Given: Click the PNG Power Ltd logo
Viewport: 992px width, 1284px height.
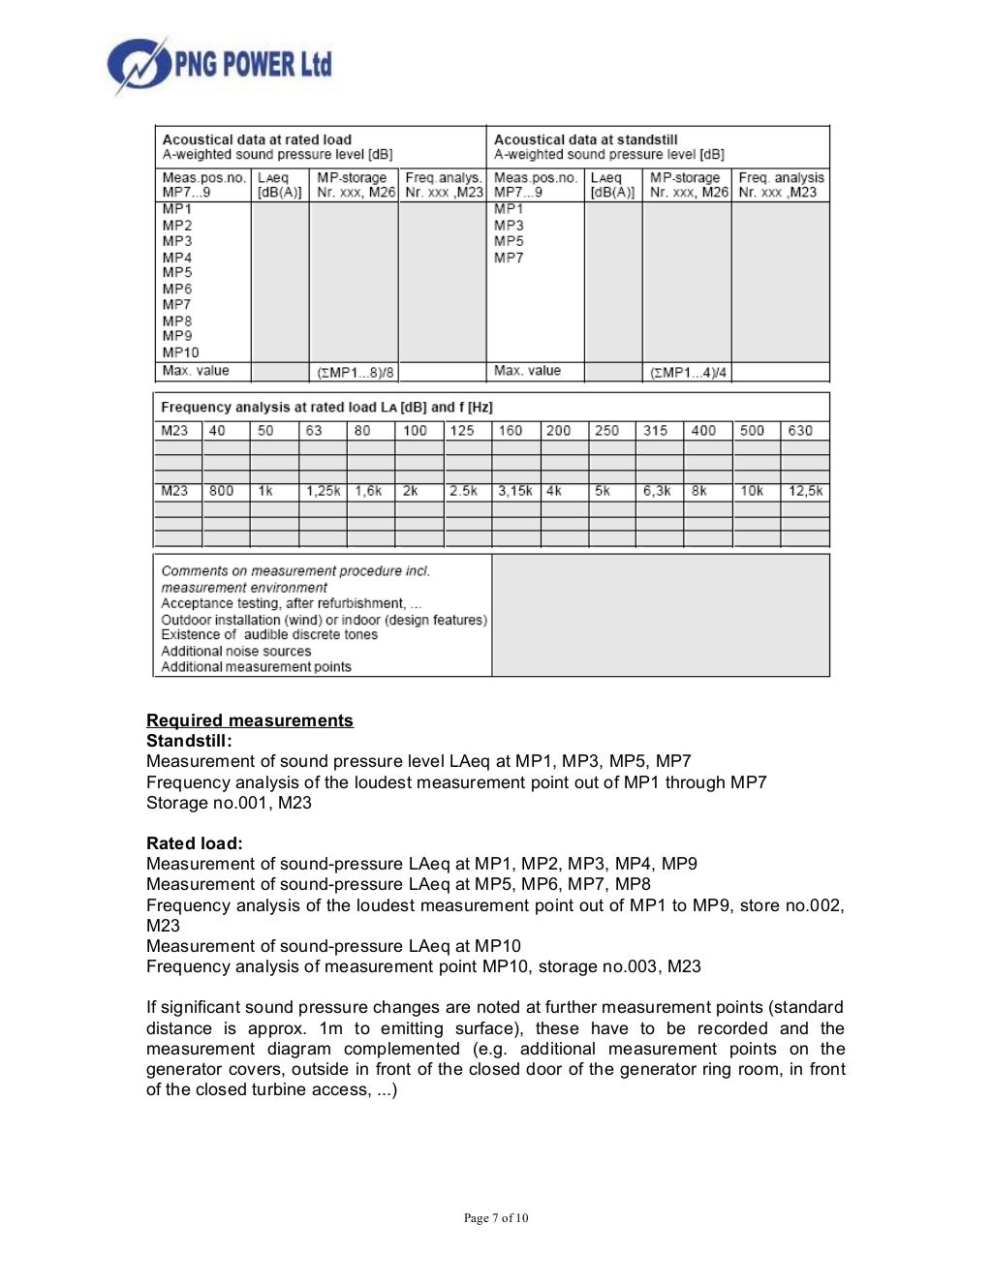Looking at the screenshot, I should pyautogui.click(x=219, y=65).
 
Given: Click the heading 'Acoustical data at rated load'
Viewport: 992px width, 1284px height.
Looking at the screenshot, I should pyautogui.click(x=257, y=139).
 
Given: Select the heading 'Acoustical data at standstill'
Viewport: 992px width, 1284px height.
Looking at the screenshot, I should pyautogui.click(x=585, y=139).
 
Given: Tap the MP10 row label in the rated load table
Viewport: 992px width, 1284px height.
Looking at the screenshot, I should pyautogui.click(x=180, y=352).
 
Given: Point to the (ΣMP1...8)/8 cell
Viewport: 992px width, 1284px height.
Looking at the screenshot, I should pyautogui.click(x=355, y=373).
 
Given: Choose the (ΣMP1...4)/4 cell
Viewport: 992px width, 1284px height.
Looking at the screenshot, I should pyautogui.click(x=687, y=373).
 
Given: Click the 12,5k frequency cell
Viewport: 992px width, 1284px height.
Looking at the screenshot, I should pyautogui.click(x=805, y=491).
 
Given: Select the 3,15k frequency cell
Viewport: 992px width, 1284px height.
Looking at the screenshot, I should pyautogui.click(x=514, y=491).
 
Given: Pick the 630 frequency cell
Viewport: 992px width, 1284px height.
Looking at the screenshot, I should pyautogui.click(x=800, y=431).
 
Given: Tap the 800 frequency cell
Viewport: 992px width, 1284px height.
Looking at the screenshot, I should pyautogui.click(x=222, y=491).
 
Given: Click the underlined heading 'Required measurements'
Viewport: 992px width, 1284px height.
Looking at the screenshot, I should pyautogui.click(x=250, y=720).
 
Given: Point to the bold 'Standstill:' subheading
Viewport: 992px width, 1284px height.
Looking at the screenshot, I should pyautogui.click(x=189, y=741).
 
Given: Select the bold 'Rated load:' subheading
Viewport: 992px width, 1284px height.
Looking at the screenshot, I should pyautogui.click(x=194, y=843).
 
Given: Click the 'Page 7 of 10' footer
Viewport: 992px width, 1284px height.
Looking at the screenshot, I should pyautogui.click(x=496, y=1218).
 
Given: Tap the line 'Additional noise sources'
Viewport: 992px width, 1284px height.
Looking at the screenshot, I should pyautogui.click(x=236, y=651).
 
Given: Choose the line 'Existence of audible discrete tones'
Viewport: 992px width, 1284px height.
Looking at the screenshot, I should pyautogui.click(x=269, y=634).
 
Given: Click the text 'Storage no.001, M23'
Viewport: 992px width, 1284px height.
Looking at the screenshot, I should pyautogui.click(x=229, y=803).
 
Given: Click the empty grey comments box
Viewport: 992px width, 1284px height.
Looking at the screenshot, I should pyautogui.click(x=661, y=615).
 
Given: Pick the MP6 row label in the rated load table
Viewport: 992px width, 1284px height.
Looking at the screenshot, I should pyautogui.click(x=177, y=289).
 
